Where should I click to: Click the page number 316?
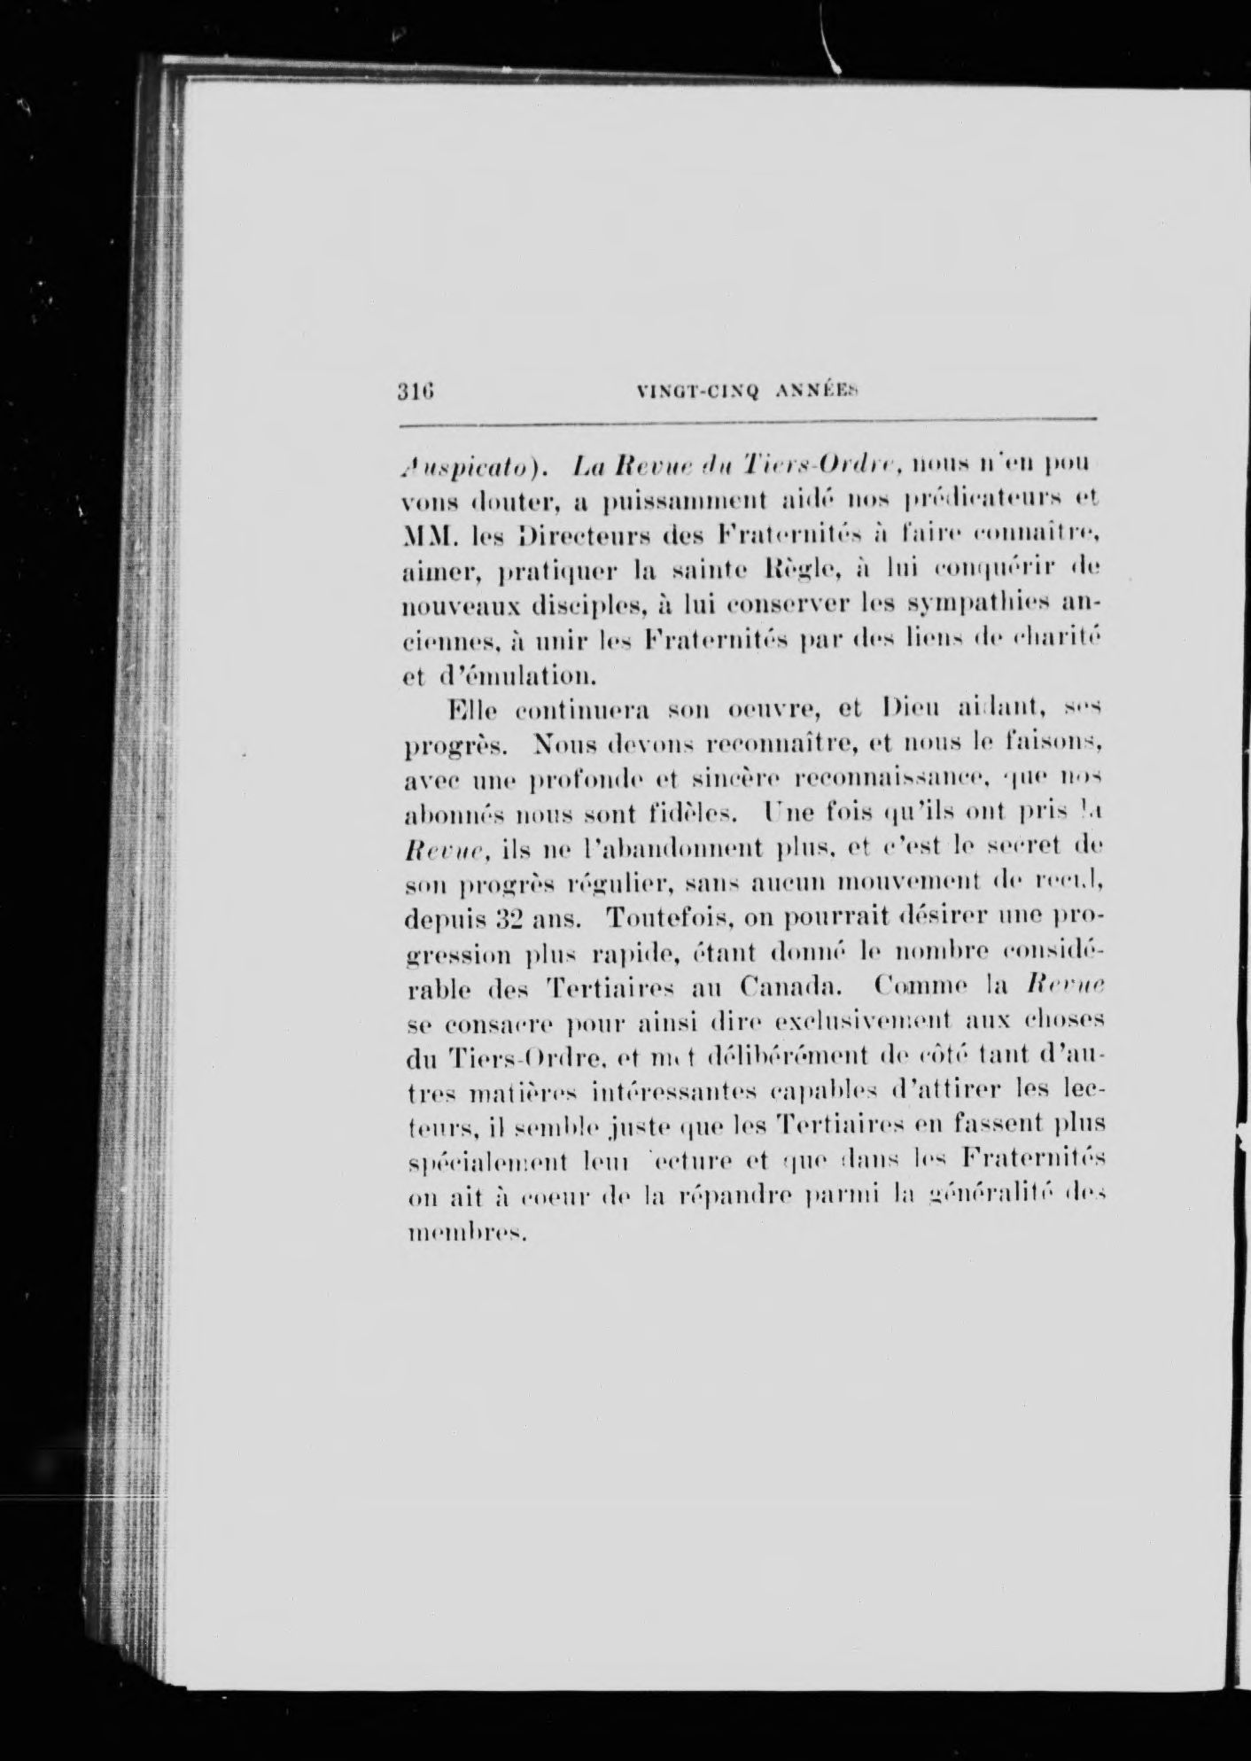coord(415,390)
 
